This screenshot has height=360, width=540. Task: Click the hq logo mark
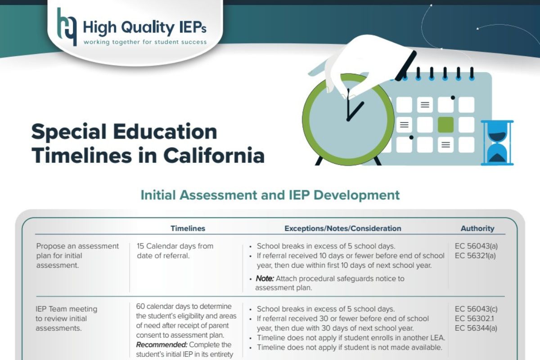pyautogui.click(x=67, y=27)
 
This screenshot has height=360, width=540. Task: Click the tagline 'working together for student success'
pyautogui.click(x=145, y=42)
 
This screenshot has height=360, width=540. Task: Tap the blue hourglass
pyautogui.click(x=497, y=143)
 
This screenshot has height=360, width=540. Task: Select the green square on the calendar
pyautogui.click(x=445, y=125)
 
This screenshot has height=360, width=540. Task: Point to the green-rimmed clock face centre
pyautogui.click(x=348, y=120)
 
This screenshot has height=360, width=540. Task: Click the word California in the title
pyautogui.click(x=214, y=156)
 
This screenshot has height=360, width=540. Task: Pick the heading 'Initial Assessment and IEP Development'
pyautogui.click(x=270, y=195)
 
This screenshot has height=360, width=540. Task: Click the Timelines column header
pyautogui.click(x=188, y=228)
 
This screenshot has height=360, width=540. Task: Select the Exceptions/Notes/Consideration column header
pyautogui.click(x=343, y=228)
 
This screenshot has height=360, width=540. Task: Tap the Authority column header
pyautogui.click(x=477, y=228)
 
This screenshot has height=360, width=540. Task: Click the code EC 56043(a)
pyautogui.click(x=476, y=246)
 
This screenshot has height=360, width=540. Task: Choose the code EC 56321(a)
pyautogui.click(x=475, y=256)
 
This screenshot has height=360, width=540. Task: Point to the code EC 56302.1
pyautogui.click(x=474, y=319)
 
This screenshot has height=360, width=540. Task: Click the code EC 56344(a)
pyautogui.click(x=476, y=328)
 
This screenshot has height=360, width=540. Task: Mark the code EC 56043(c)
pyautogui.click(x=476, y=309)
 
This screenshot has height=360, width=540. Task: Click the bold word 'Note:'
pyautogui.click(x=265, y=279)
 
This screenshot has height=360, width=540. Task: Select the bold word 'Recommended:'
pyautogui.click(x=162, y=345)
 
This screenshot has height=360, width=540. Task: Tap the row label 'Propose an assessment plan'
pyautogui.click(x=77, y=251)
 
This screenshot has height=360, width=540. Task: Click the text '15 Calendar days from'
pyautogui.click(x=175, y=246)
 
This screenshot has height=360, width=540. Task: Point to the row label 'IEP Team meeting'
pyautogui.click(x=66, y=309)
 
